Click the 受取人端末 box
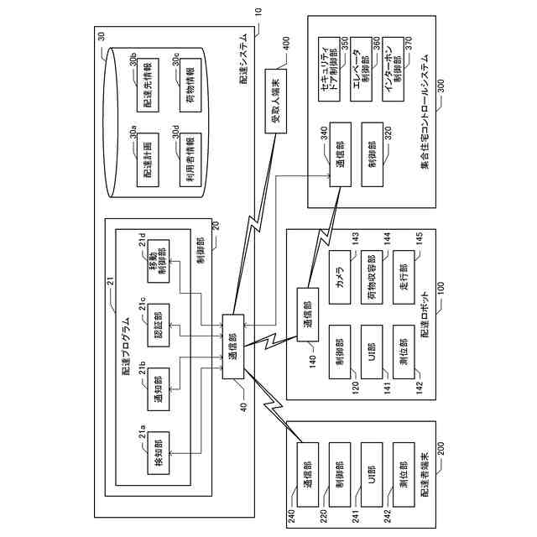coord(276,101)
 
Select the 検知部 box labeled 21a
coord(159,453)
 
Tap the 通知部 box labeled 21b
coord(159,389)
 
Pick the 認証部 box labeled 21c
coord(159,325)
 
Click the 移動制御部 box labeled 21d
coord(159,261)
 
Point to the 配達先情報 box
coord(148,85)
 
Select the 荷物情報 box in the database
coord(190,85)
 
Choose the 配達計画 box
coord(148,159)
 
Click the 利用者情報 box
coord(190,159)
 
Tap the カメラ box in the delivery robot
coord(340,277)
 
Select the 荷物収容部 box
coord(372,277)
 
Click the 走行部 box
coord(404,277)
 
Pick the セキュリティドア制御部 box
coord(329,69)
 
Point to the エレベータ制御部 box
coord(361,69)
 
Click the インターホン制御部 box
coord(393,69)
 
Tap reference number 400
coord(285,44)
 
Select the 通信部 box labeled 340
coord(340,154)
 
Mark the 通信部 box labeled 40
coord(233,347)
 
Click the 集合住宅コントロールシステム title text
coord(425,112)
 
